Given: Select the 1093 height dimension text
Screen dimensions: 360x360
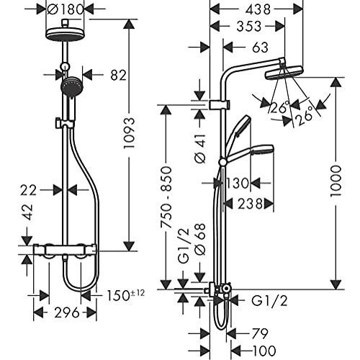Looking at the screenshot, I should click(129, 137).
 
